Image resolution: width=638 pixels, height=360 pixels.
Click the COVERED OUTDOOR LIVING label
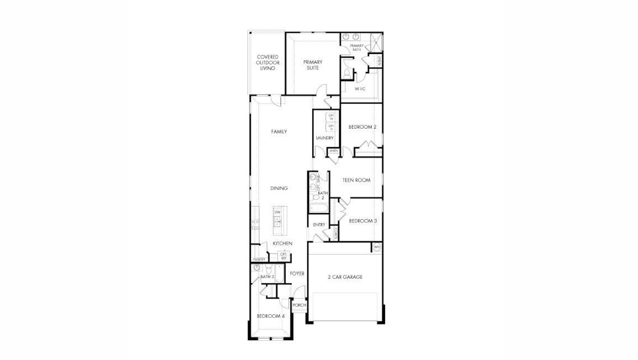coord(267,62)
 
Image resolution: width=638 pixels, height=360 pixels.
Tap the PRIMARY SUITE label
coord(312,65)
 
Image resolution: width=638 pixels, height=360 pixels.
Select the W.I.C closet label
coord(360,88)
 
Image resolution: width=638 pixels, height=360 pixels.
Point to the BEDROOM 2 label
coord(362,127)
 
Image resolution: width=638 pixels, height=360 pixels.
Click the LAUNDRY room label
coord(325,137)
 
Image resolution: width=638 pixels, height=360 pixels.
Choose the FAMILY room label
coord(279,131)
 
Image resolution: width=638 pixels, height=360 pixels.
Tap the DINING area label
coord(279,188)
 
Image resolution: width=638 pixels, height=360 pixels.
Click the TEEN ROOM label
coord(356,180)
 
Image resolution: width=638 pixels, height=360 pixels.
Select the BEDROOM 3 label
coord(363,221)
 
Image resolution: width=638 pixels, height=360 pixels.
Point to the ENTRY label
coord(319,225)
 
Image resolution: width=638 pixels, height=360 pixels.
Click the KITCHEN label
coord(282,243)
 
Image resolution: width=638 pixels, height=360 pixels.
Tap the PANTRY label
coord(259,260)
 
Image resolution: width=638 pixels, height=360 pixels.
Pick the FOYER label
coord(297,273)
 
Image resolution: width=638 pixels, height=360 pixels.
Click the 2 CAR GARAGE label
coord(345,277)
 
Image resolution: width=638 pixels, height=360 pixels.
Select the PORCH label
coord(299,305)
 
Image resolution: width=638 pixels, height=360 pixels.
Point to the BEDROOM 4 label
coord(271,316)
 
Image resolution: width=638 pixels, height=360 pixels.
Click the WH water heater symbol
coord(377,247)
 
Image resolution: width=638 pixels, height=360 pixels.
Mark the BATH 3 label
coord(260,277)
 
